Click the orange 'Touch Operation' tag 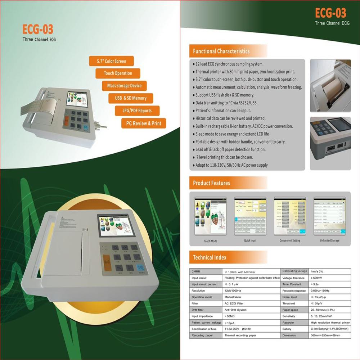point(118,73)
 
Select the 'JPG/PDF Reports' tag point(137,111)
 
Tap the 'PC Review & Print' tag point(144,123)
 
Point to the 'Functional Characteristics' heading point(221,51)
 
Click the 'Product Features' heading point(211,183)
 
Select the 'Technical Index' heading point(210,257)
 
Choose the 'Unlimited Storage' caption point(329,240)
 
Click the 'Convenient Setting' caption point(290,240)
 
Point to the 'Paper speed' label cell point(291,310)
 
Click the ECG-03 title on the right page point(330,13)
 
